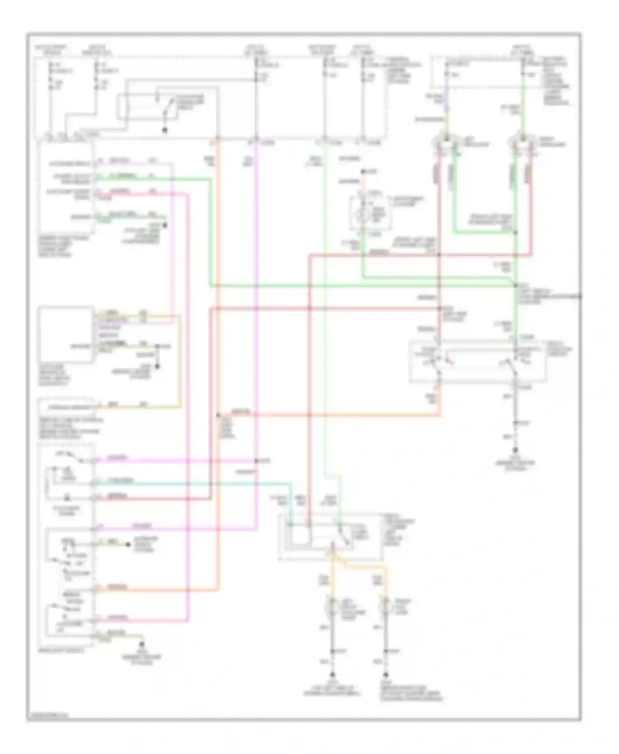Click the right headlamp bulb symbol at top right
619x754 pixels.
(x=522, y=143)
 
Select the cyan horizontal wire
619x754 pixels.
(x=186, y=483)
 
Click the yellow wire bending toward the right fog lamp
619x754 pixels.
(x=363, y=565)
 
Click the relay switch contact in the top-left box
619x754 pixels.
(x=167, y=108)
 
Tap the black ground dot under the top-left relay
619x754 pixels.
(x=165, y=130)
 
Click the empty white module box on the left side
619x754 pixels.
(x=65, y=335)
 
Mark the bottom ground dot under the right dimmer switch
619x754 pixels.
(x=515, y=451)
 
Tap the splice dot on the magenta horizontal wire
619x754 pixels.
(x=256, y=461)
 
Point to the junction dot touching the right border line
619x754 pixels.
(x=580, y=296)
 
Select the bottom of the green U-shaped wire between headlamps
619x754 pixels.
(x=483, y=233)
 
